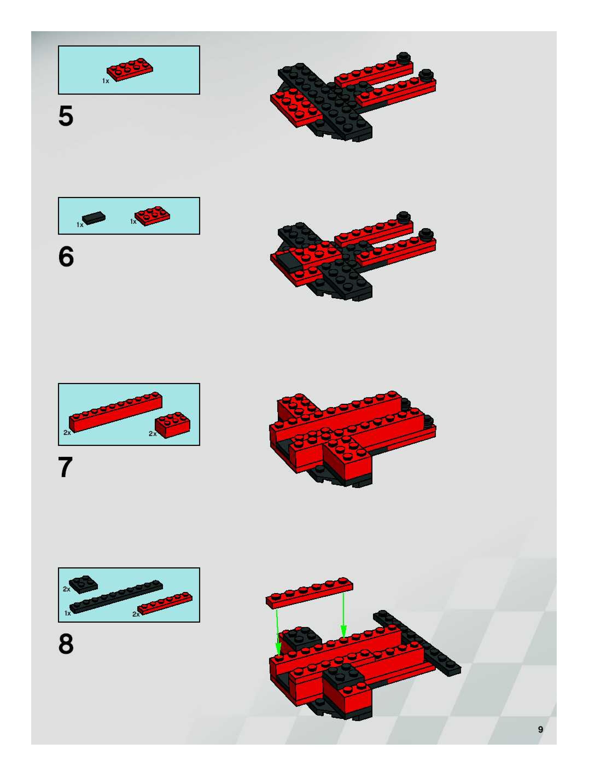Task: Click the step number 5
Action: [66, 116]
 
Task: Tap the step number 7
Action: [65, 467]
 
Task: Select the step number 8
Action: [66, 644]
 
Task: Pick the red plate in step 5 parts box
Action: [130, 70]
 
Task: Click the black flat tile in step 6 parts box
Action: [94, 218]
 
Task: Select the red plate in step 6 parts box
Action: [153, 216]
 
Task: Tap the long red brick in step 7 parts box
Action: [116, 412]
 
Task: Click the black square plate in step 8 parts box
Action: [83, 585]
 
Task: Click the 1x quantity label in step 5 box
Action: [106, 81]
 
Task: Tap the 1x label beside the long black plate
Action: [68, 613]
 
